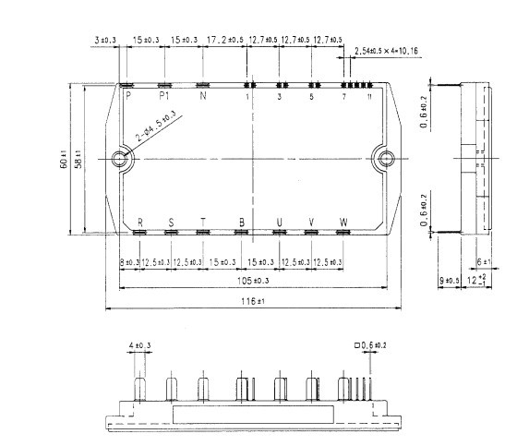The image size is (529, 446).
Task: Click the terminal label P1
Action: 164,94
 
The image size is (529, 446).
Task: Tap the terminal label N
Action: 203,94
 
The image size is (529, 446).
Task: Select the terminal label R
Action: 140,222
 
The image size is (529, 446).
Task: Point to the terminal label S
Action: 171,222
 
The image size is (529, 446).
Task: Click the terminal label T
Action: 202,222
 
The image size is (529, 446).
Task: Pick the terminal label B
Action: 241,222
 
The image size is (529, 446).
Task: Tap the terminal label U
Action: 280,222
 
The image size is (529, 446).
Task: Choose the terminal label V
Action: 311,222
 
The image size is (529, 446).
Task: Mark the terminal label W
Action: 343,222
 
